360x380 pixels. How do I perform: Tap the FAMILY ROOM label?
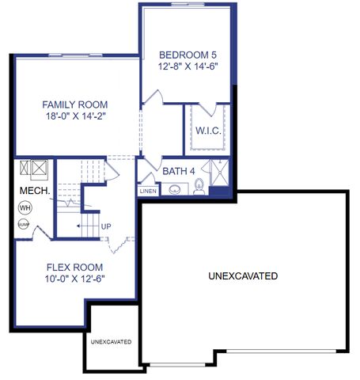75,104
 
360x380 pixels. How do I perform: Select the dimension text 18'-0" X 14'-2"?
75,117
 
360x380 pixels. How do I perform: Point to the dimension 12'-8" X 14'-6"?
188,67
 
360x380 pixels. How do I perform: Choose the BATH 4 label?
180,170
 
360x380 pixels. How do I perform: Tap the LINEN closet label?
148,191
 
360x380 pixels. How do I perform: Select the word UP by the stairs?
106,226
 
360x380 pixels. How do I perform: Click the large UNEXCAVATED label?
242,276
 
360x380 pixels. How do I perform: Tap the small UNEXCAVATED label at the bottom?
111,342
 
